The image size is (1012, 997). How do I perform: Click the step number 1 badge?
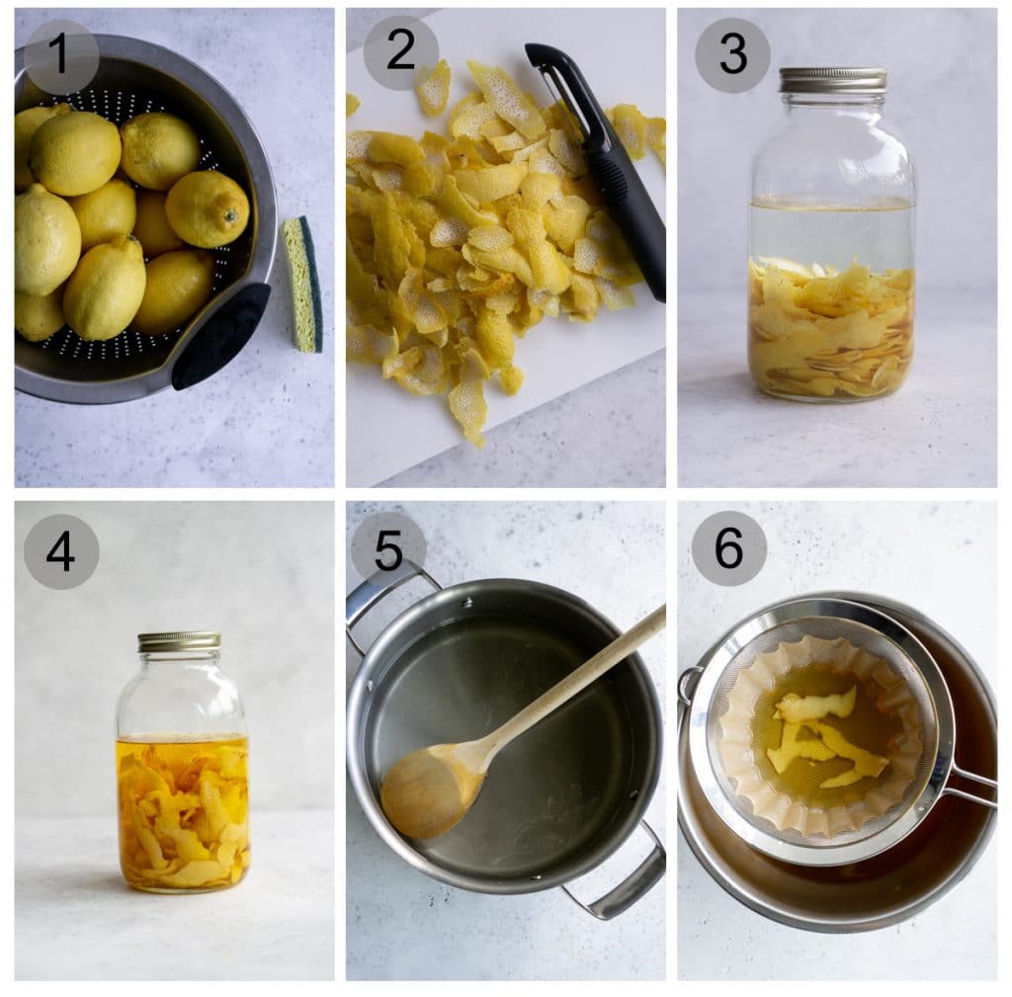(61, 56)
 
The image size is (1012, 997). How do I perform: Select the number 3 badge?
(732, 55)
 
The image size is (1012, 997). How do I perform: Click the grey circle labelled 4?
(61, 551)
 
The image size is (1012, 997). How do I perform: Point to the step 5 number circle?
(388, 548)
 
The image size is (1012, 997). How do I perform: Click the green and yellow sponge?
(303, 285)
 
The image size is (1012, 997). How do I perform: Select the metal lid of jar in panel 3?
(832, 80)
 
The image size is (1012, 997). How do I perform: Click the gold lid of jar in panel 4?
(179, 641)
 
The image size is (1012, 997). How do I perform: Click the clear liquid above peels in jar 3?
(830, 232)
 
